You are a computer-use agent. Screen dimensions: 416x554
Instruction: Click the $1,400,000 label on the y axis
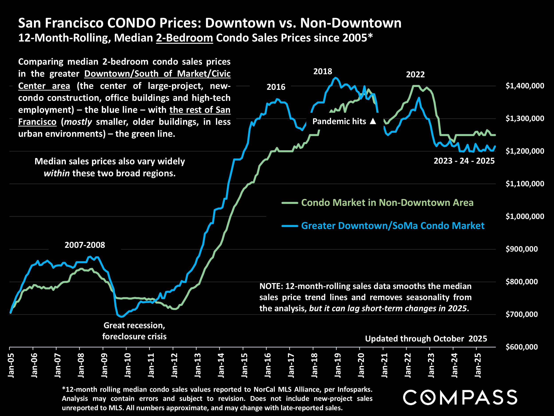pyautogui.click(x=525, y=86)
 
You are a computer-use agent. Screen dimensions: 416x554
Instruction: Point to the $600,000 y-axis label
pyautogui.click(x=521, y=347)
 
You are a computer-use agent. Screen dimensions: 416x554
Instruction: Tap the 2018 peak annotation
pyautogui.click(x=323, y=71)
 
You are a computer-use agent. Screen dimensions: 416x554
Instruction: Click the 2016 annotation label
pyautogui.click(x=276, y=87)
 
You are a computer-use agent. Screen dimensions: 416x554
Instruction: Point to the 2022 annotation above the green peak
pyautogui.click(x=415, y=75)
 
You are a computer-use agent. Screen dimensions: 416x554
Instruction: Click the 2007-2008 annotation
pyautogui.click(x=85, y=245)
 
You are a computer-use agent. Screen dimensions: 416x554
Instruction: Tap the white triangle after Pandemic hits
pyautogui.click(x=373, y=121)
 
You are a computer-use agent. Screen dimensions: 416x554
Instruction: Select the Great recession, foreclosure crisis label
pyautogui.click(x=134, y=331)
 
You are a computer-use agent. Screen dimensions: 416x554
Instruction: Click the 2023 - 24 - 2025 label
pyautogui.click(x=464, y=161)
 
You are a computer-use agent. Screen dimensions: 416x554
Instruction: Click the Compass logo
pyautogui.click(x=460, y=397)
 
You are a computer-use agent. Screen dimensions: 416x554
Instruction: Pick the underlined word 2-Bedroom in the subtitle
pyautogui.click(x=184, y=38)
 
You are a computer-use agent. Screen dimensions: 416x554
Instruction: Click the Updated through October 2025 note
pyautogui.click(x=426, y=339)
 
